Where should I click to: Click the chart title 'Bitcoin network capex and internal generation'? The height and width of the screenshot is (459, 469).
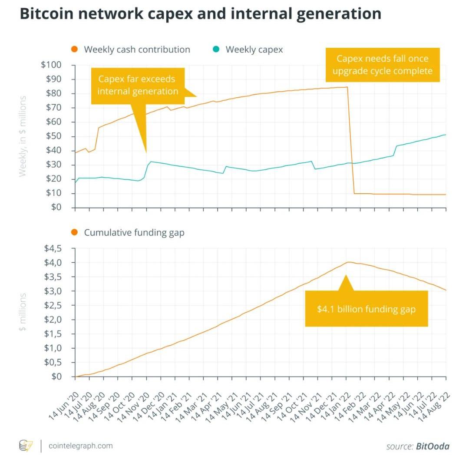click(x=200, y=14)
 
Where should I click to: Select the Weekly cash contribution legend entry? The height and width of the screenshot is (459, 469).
click(x=137, y=50)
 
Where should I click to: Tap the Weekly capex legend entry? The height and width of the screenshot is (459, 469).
click(x=254, y=50)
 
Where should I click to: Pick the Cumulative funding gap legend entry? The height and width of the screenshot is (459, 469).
click(x=134, y=233)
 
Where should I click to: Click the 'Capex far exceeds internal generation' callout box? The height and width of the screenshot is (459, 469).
click(x=138, y=86)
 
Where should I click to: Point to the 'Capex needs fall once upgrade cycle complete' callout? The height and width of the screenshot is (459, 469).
click(x=382, y=65)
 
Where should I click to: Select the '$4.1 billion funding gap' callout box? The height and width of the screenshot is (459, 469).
click(x=366, y=309)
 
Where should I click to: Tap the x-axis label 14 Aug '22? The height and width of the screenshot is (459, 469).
click(x=434, y=406)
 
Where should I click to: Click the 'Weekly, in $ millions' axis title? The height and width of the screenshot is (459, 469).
click(x=23, y=136)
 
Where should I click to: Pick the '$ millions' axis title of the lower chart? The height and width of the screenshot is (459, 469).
click(x=23, y=312)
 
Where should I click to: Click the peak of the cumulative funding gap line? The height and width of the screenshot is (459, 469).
click(x=348, y=262)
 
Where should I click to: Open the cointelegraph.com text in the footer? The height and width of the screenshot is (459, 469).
click(x=80, y=446)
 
